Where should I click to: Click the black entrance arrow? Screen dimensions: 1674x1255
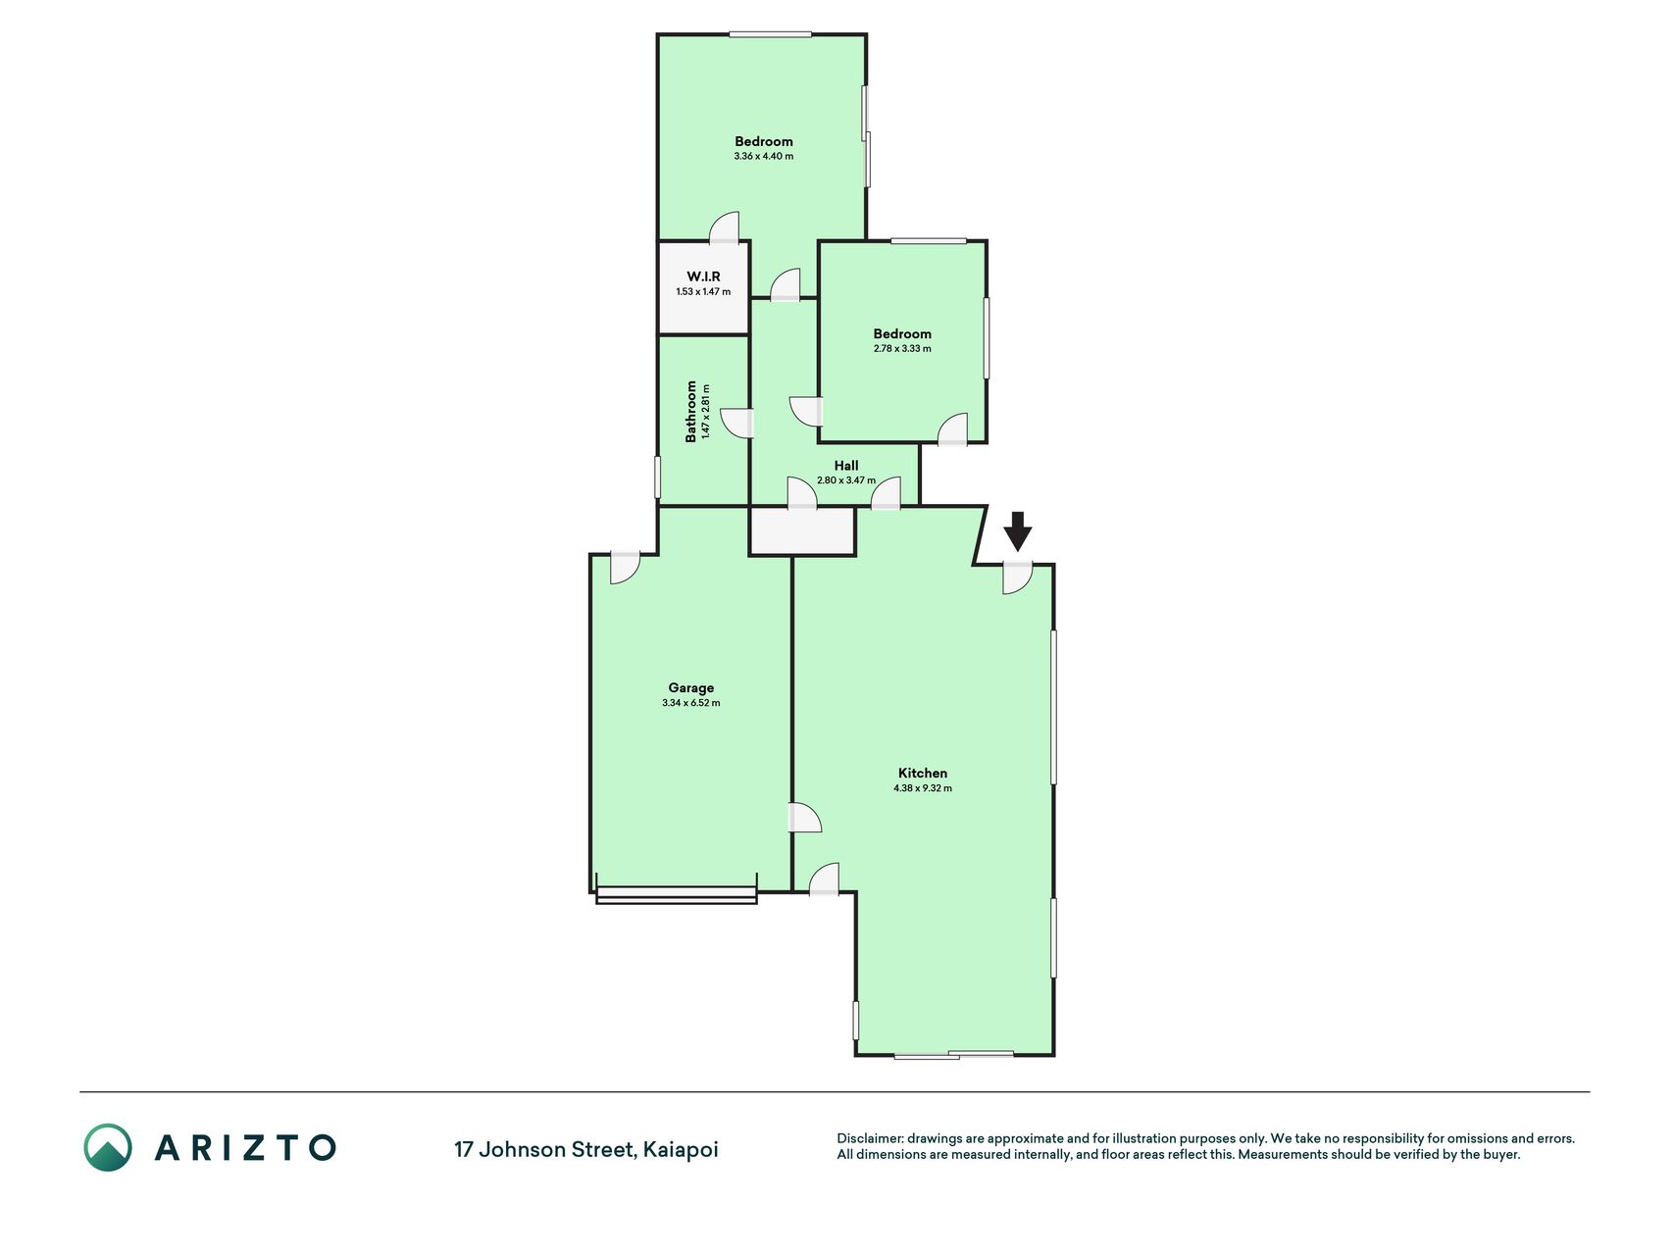click(1018, 530)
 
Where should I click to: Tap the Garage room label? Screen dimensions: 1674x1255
click(691, 688)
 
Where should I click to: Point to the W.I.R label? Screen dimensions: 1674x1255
click(703, 276)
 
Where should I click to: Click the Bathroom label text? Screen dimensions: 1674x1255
click(691, 412)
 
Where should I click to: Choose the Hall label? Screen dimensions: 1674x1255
click(846, 466)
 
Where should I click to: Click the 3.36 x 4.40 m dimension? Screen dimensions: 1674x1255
click(764, 156)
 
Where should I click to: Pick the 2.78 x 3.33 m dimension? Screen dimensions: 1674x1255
click(902, 348)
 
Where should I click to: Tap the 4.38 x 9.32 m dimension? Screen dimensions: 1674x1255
click(923, 788)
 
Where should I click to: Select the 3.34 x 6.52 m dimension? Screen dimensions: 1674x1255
click(691, 703)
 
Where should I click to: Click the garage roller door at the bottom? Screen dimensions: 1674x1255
click(677, 894)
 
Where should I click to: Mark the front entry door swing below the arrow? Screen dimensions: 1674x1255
click(1018, 579)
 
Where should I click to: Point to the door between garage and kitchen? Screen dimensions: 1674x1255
click(805, 818)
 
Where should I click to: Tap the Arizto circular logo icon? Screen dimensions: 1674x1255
click(108, 1147)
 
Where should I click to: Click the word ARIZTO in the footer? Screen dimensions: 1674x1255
click(245, 1147)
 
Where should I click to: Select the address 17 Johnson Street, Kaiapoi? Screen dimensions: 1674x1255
click(586, 1149)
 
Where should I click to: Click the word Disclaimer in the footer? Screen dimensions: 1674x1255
click(869, 1138)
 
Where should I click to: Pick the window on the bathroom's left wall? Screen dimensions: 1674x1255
click(657, 477)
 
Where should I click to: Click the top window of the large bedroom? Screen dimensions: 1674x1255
click(770, 35)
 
